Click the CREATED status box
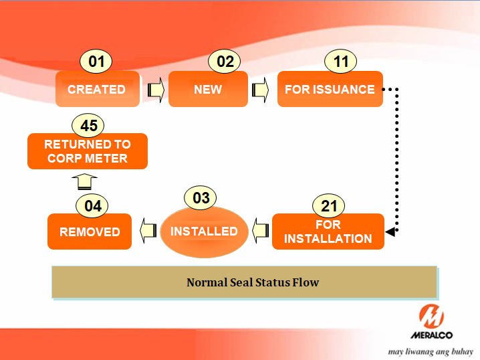pyautogui.click(x=98, y=89)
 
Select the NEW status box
pyautogui.click(x=208, y=89)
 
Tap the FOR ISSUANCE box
pyautogui.click(x=330, y=89)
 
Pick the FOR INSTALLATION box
pyautogui.click(x=328, y=232)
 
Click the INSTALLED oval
pyautogui.click(x=204, y=232)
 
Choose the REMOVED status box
pyautogui.click(x=90, y=232)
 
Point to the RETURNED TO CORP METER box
pyautogui.click(x=87, y=151)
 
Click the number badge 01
pyautogui.click(x=97, y=62)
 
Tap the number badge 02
pyautogui.click(x=225, y=62)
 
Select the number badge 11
pyautogui.click(x=341, y=62)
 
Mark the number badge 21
pyautogui.click(x=329, y=205)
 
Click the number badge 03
pyautogui.click(x=201, y=198)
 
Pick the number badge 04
pyautogui.click(x=93, y=206)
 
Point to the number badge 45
pyautogui.click(x=89, y=126)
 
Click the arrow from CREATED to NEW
pyautogui.click(x=155, y=89)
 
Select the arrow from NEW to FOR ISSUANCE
pyautogui.click(x=260, y=89)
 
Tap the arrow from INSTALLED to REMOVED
pyautogui.click(x=146, y=232)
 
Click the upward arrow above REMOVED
pyautogui.click(x=85, y=181)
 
